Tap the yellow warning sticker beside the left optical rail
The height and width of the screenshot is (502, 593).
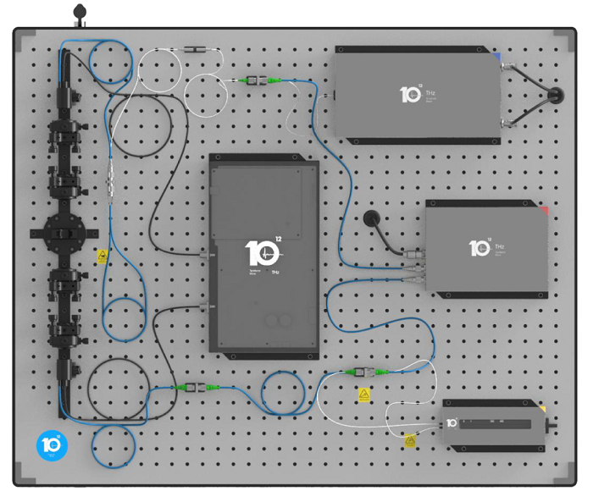pyautogui.click(x=103, y=255)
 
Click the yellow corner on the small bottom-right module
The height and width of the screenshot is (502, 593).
pyautogui.click(x=542, y=409)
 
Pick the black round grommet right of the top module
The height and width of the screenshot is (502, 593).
pyautogui.click(x=557, y=94)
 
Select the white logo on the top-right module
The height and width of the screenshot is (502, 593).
pyautogui.click(x=411, y=93)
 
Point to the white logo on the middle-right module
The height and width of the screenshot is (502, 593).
pyautogui.click(x=480, y=248)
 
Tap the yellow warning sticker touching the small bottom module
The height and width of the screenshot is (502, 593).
pyautogui.click(x=410, y=439)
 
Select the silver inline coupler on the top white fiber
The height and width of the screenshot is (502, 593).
pyautogui.click(x=196, y=51)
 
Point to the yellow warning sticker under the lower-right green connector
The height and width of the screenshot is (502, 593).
pyautogui.click(x=364, y=394)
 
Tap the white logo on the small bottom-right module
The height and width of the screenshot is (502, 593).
pyautogui.click(x=452, y=422)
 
